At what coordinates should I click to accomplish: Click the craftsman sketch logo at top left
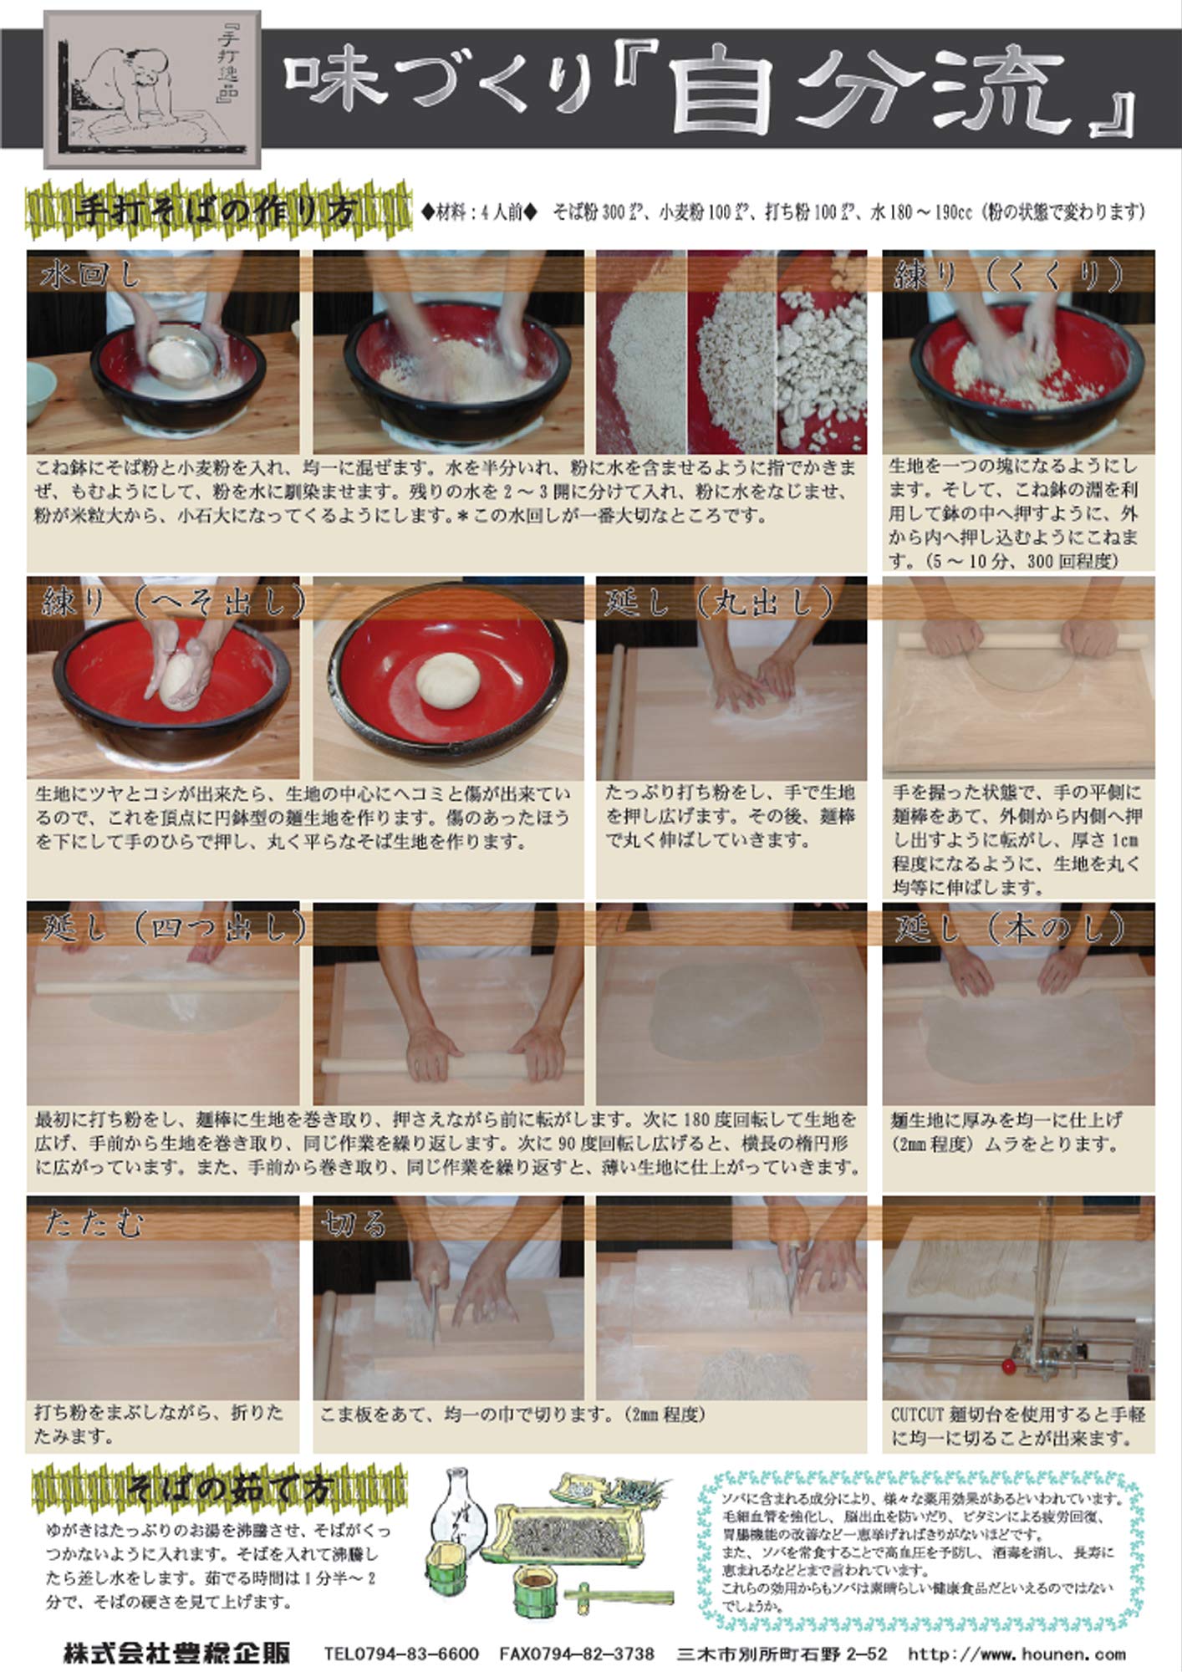151,89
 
